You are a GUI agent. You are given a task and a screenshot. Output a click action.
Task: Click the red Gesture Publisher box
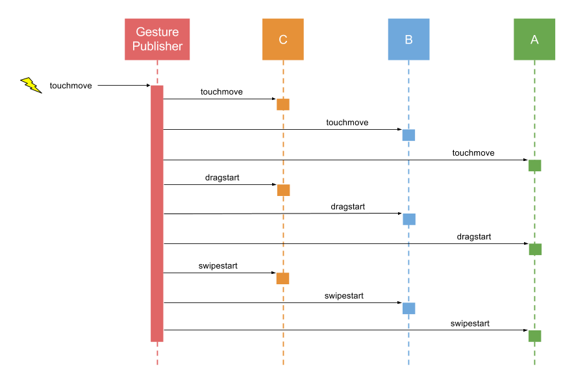(x=157, y=39)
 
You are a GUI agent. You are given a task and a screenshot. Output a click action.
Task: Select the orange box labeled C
(x=282, y=39)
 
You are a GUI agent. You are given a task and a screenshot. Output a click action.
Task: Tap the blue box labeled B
(x=408, y=39)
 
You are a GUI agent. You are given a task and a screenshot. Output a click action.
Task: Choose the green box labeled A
(x=534, y=39)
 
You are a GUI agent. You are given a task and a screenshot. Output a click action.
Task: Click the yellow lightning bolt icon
(x=31, y=84)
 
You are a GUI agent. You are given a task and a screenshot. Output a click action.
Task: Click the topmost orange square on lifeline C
(x=283, y=104)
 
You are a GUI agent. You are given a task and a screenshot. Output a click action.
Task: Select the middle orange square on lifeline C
(x=284, y=190)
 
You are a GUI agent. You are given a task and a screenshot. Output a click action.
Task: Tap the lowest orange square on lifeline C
(x=282, y=278)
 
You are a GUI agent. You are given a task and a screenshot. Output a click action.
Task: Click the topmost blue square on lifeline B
(x=408, y=135)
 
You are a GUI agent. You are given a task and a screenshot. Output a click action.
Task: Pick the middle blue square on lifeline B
(x=409, y=219)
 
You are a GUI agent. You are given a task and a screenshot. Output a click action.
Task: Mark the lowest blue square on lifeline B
(x=409, y=308)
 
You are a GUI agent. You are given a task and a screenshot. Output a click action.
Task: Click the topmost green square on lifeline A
(x=535, y=165)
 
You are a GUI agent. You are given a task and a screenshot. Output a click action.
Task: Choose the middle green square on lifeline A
(x=535, y=250)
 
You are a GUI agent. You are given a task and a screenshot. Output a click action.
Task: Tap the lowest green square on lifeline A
(x=535, y=336)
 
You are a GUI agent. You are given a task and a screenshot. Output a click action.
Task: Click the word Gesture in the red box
(x=157, y=32)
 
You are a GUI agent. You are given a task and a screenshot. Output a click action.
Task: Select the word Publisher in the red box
(x=157, y=47)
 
